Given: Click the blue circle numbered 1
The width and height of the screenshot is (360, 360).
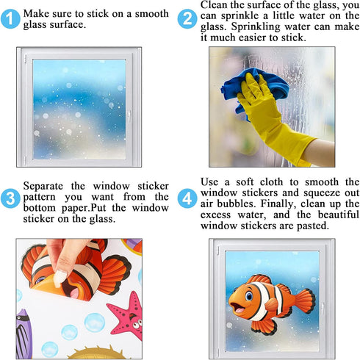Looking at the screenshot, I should tap(10, 19).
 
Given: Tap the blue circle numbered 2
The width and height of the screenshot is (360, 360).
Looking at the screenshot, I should tap(188, 19).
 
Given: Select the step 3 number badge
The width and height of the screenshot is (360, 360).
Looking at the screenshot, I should tap(10, 198).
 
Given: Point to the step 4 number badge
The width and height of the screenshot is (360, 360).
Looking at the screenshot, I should tap(188, 197).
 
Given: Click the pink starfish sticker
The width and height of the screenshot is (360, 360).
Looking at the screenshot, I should tap(126, 314).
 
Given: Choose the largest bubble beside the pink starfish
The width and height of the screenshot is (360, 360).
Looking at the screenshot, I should tap(95, 322).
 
